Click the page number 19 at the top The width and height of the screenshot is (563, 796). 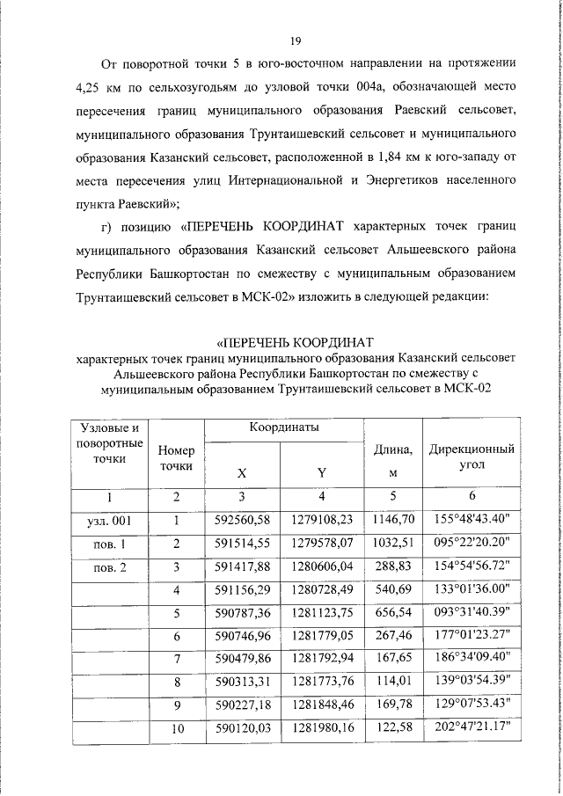pos(296,40)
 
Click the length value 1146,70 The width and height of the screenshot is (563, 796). pos(393,520)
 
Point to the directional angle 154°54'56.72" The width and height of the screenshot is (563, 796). pos(471,567)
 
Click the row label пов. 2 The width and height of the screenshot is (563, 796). pos(111,567)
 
